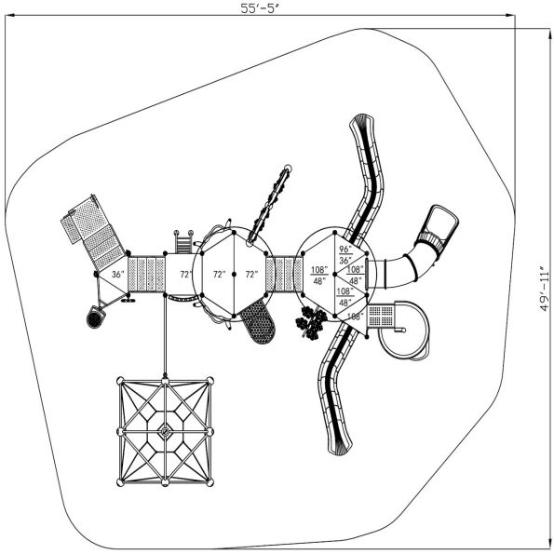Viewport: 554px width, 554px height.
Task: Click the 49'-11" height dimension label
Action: [x=546, y=290]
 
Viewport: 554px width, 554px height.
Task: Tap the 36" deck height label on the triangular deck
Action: [x=117, y=276]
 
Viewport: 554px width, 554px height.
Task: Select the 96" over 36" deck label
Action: [x=345, y=256]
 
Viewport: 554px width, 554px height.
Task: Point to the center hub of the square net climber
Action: [x=165, y=430]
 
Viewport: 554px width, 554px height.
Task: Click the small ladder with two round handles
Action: [x=182, y=244]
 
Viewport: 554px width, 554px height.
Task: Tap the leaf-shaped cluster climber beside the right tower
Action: [x=311, y=322]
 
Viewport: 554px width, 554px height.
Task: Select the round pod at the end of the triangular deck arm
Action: [x=94, y=318]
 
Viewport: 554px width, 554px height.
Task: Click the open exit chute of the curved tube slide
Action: [x=439, y=224]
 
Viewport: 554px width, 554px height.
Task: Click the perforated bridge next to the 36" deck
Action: [x=147, y=276]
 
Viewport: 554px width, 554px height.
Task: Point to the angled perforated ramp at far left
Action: [x=93, y=233]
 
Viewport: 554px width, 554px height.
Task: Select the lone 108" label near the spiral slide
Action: [x=354, y=317]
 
